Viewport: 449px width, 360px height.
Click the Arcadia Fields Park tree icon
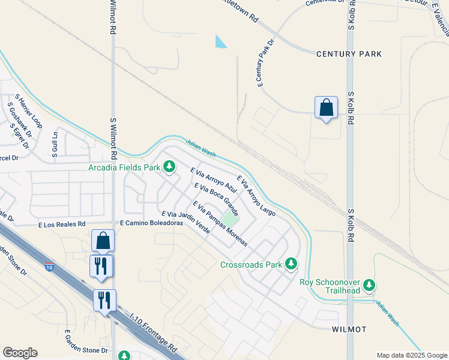tap(169, 166)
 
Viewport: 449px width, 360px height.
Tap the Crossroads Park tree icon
tap(291, 264)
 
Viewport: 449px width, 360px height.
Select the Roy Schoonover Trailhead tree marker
tap(371, 284)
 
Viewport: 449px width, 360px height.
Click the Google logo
tap(20, 353)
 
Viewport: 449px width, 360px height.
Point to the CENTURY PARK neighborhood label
tap(349, 54)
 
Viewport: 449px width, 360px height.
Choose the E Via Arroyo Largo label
tap(256, 196)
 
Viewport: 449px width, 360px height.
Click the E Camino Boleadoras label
tap(151, 223)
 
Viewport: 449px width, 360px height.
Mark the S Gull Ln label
tap(54, 145)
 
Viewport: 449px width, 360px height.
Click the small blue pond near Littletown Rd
tap(221, 41)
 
